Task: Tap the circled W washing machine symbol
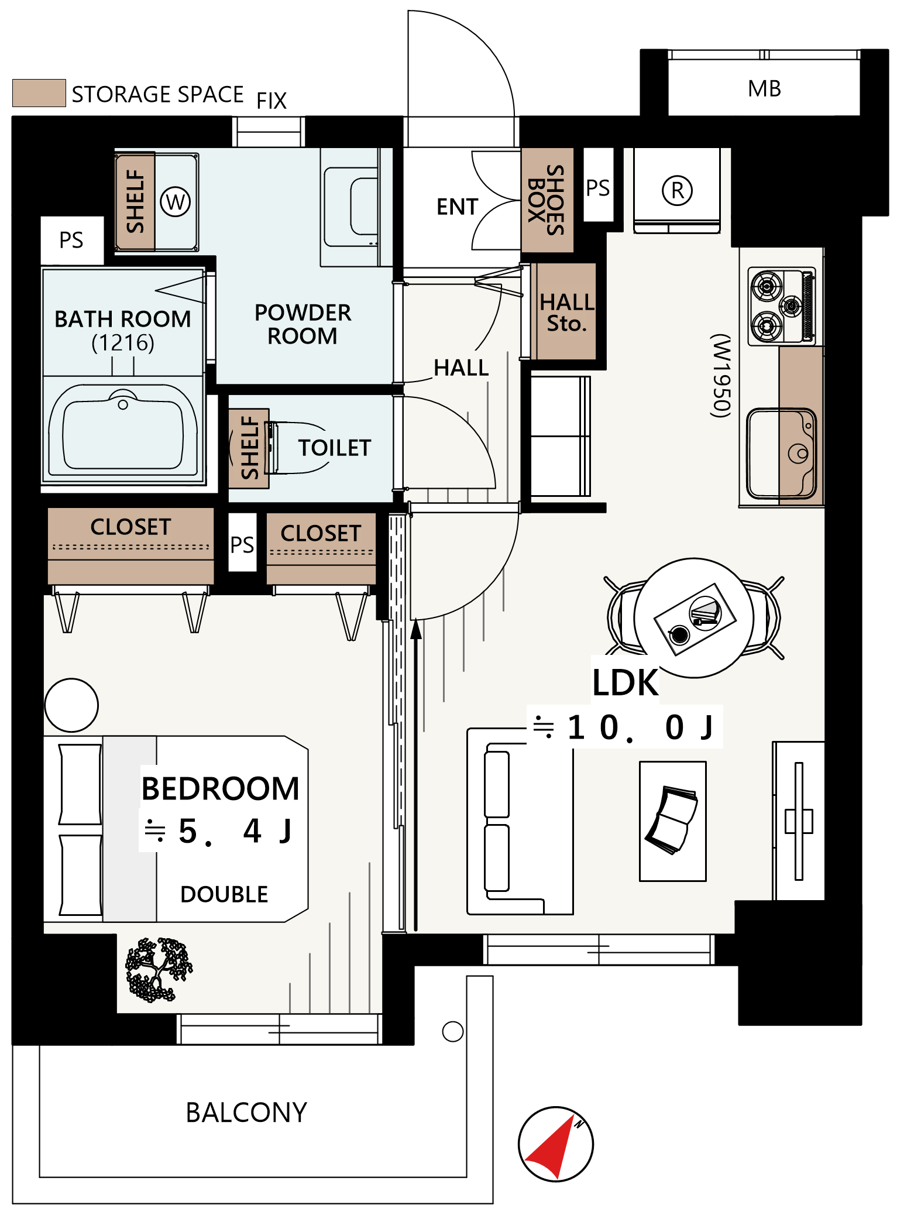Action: point(175,203)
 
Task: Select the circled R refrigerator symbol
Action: point(677,190)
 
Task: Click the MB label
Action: point(764,89)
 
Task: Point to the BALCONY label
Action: point(246,1113)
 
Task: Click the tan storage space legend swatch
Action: point(39,93)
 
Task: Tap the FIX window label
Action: point(271,101)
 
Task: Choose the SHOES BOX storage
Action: point(547,200)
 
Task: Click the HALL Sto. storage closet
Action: point(566,311)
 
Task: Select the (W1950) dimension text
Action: point(721,376)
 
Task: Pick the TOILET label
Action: point(335,448)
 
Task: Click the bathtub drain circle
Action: point(123,404)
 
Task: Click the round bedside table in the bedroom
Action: point(71,705)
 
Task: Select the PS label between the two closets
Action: point(242,545)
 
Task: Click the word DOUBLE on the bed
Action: point(224,894)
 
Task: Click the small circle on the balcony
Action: point(453,1031)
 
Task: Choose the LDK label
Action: point(625,682)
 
